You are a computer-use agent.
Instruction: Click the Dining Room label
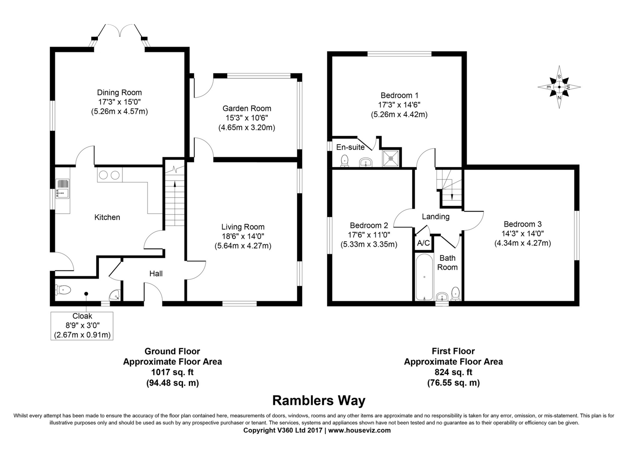point(119,93)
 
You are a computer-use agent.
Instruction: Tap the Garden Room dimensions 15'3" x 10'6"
point(247,118)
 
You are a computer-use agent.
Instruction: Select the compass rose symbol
point(559,87)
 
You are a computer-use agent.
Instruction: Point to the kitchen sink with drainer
point(62,189)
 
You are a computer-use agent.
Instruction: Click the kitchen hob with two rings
point(109,175)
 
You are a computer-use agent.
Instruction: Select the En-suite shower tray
point(391,158)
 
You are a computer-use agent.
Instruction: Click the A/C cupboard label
point(423,243)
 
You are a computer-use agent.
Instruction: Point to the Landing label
point(436,217)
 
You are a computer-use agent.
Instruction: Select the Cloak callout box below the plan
point(82,326)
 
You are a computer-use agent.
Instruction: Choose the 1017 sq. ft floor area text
point(172,372)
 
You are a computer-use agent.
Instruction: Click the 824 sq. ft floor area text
point(453,372)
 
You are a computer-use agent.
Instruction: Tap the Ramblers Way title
point(318,400)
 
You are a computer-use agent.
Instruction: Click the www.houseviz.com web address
point(359,430)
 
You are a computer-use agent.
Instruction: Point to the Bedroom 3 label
point(523,224)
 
